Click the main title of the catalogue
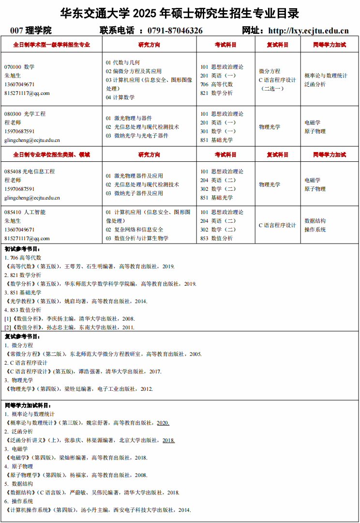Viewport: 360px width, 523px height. [180, 13]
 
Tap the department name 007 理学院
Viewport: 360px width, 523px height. [31, 31]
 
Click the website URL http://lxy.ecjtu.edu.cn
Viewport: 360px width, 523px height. [308, 31]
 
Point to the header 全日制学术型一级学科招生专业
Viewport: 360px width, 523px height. [51, 45]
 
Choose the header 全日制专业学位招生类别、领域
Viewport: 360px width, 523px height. [51, 155]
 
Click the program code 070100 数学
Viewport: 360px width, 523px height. [19, 67]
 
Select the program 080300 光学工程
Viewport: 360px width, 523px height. [25, 114]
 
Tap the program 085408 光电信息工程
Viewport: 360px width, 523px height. [30, 171]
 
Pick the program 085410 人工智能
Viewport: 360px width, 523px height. [25, 212]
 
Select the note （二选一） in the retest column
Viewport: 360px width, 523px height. [272, 89]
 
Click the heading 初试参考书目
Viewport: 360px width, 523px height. [23, 249]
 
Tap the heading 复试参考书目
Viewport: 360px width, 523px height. [23, 337]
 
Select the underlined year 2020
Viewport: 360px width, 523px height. [163, 423]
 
